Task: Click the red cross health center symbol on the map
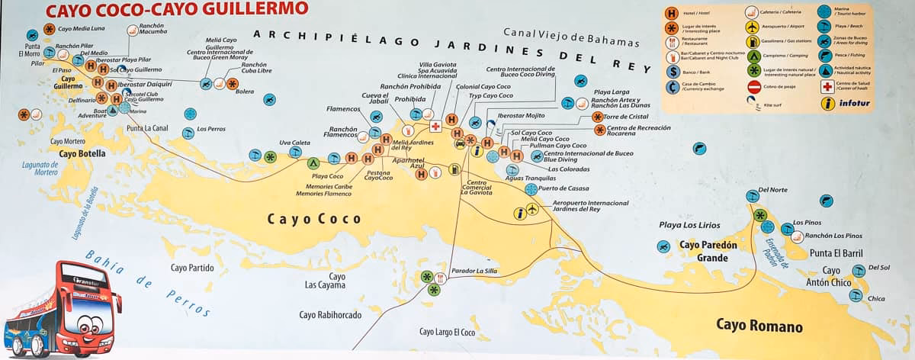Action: click(435, 127)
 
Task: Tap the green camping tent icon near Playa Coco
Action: click(313, 162)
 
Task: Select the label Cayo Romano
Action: click(759, 326)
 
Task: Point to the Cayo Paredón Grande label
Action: click(708, 251)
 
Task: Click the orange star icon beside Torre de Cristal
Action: click(598, 117)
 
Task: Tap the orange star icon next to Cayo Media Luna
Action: click(49, 29)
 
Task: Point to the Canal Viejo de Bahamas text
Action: click(561, 33)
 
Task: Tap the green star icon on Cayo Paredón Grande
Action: click(760, 216)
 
